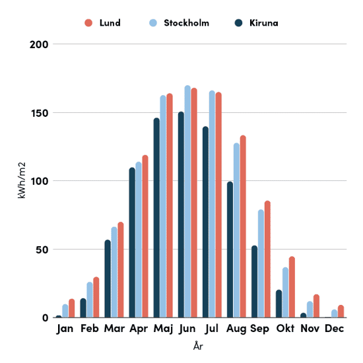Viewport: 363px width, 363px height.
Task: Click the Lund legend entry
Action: [102, 23]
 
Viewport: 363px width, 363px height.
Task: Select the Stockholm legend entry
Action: [179, 23]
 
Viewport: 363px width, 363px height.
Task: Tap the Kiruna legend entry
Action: [256, 23]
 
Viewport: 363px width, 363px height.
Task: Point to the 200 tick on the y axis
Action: [39, 44]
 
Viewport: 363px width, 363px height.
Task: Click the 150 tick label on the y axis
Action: [40, 114]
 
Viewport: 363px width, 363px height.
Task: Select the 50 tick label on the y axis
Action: [42, 249]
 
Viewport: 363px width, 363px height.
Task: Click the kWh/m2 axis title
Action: [21, 180]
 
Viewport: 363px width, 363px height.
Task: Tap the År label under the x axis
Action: [198, 346]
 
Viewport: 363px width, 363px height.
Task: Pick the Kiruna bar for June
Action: [181, 214]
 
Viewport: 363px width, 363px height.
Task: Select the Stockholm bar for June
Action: [187, 201]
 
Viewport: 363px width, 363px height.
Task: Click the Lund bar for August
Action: [243, 226]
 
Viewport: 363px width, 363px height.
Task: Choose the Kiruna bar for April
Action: [132, 242]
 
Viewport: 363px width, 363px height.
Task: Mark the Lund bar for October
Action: [292, 287]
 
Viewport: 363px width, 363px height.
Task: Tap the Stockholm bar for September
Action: [261, 263]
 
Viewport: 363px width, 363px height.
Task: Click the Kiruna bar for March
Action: [108, 279]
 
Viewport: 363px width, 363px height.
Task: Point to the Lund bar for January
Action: [72, 308]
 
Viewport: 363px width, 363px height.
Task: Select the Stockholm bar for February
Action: [90, 300]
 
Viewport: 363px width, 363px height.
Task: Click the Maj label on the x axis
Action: [163, 329]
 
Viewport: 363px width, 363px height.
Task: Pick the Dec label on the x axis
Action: [335, 329]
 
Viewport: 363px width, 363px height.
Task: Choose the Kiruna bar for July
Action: [205, 222]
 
